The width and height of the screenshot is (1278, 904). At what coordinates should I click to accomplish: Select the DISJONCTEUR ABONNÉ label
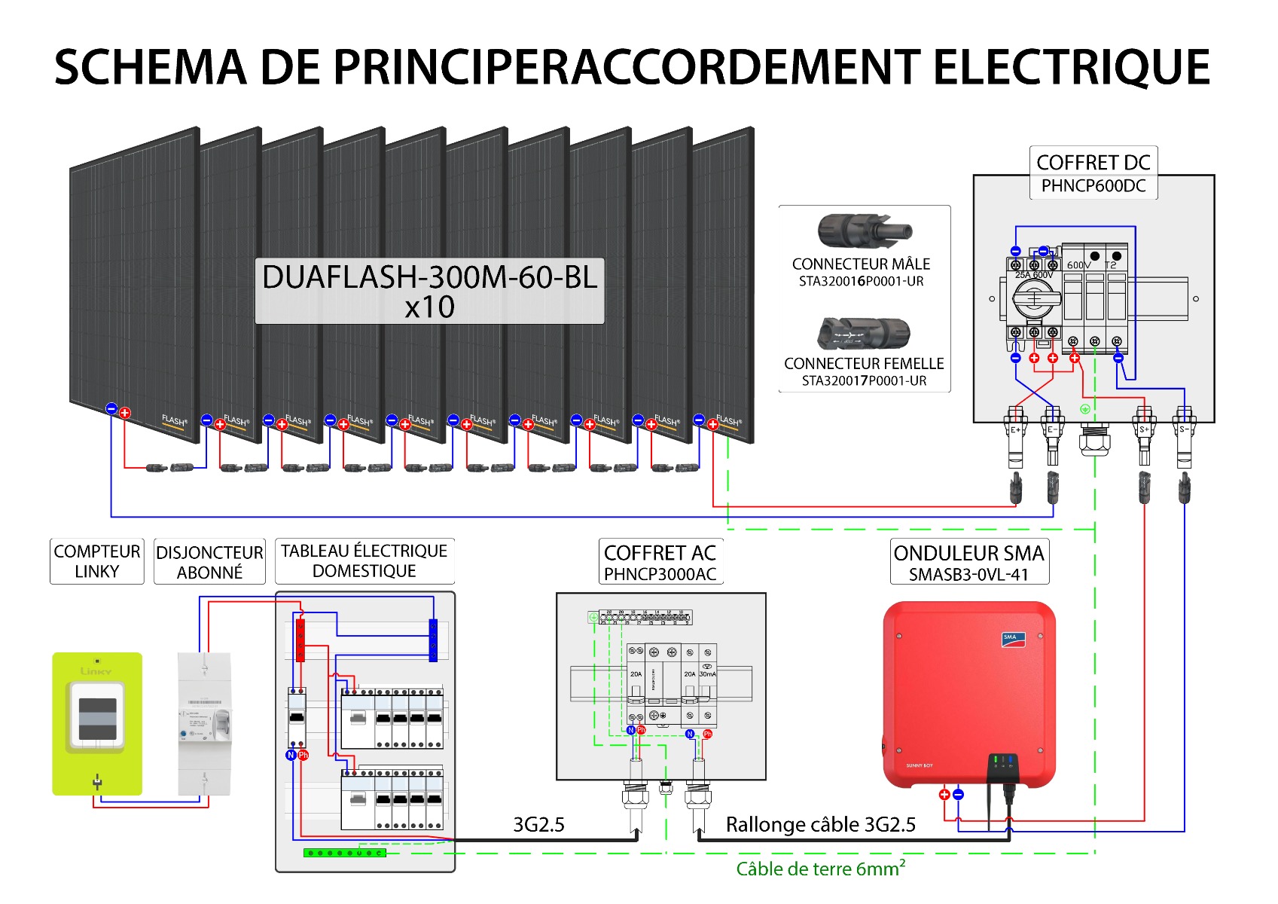pos(209,562)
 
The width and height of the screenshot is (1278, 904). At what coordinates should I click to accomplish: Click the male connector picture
pos(865,231)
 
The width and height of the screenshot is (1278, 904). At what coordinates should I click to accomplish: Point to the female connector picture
pos(864,333)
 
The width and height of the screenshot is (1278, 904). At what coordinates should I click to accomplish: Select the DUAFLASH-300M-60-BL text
pos(429,277)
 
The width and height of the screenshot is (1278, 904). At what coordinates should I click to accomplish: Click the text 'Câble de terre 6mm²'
pos(820,869)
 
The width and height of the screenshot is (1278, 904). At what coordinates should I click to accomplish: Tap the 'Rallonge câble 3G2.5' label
pos(820,824)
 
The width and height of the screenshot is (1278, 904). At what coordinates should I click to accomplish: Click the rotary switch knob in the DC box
pos(1034,300)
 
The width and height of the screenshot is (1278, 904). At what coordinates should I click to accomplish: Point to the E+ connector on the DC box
pos(1015,429)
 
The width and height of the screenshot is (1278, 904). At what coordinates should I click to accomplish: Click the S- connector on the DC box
pos(1183,429)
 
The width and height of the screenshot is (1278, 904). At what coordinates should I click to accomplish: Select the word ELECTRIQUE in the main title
pos(1071,67)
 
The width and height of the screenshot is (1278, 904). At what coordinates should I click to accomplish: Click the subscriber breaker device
pos(204,723)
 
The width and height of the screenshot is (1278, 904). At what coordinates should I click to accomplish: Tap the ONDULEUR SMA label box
pos(968,562)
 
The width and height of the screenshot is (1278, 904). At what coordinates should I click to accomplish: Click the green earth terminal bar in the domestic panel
pos(345,853)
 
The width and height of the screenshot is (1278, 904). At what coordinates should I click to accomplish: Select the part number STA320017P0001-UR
pos(864,380)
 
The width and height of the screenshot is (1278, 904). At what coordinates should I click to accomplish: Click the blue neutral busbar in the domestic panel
pos(433,640)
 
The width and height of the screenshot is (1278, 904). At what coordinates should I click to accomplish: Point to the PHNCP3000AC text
pos(660,574)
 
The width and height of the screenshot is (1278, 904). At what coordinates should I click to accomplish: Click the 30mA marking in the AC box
pos(708,674)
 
